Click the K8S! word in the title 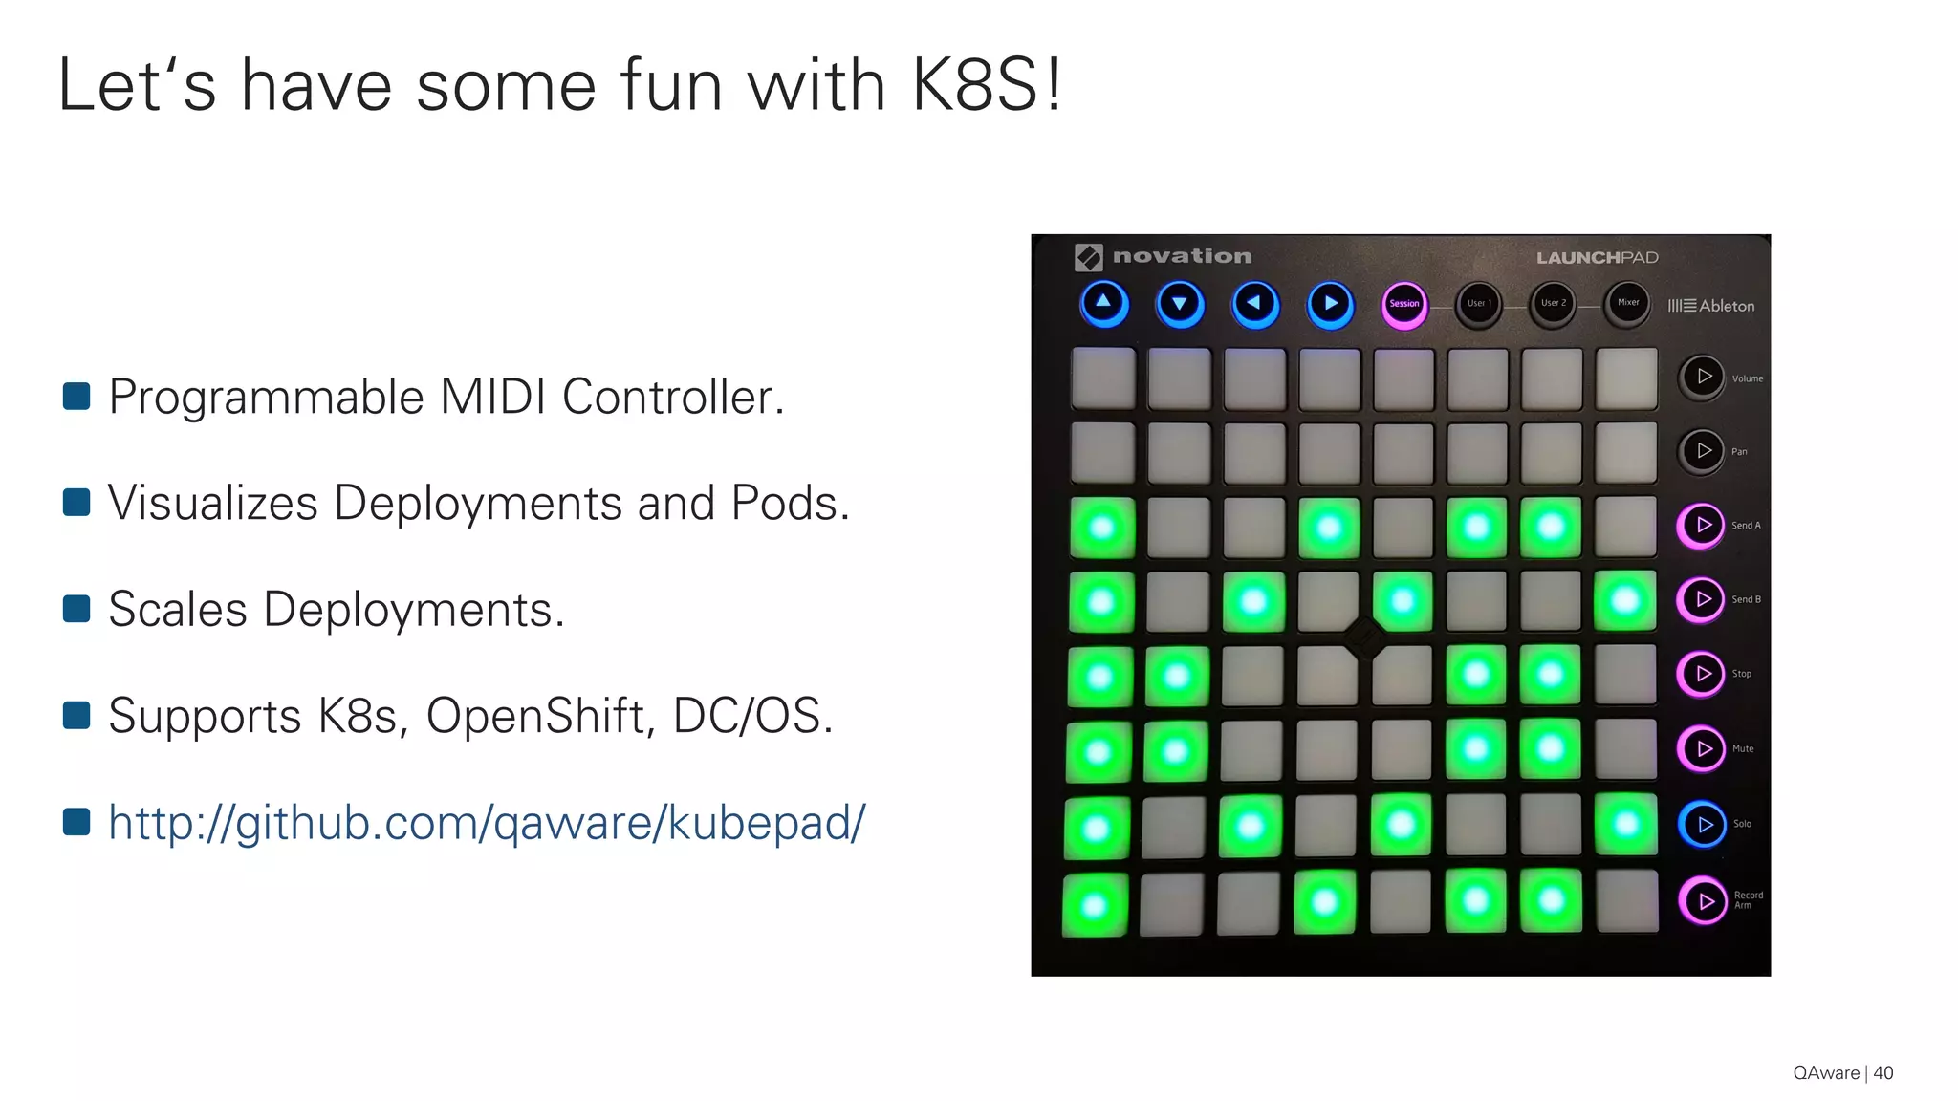pos(986,86)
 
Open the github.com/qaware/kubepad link pos(487,823)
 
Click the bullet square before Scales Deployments pos(76,609)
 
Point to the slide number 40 pos(1882,1072)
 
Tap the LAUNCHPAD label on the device pos(1597,257)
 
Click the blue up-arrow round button pos(1103,303)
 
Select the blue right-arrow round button pos(1330,304)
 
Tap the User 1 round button pos(1478,304)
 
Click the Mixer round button pos(1627,303)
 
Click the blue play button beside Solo pos(1703,824)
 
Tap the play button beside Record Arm pos(1704,900)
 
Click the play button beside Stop pos(1702,674)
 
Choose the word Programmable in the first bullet pos(266,397)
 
